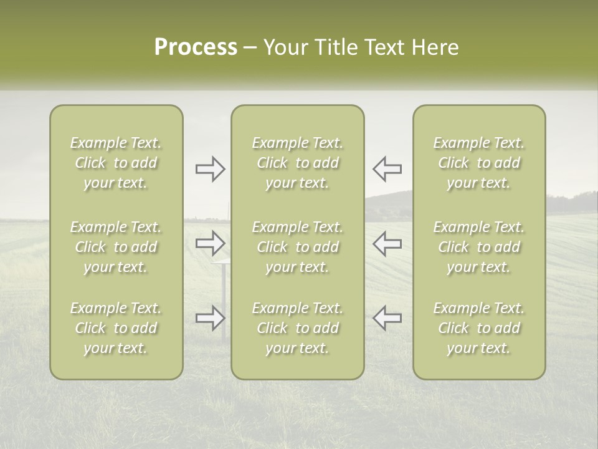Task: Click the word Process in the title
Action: pyautogui.click(x=196, y=47)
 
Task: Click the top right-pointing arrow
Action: pyautogui.click(x=210, y=169)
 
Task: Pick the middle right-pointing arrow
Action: pyautogui.click(x=210, y=243)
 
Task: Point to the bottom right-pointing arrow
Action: pyautogui.click(x=210, y=318)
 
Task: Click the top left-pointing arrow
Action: pyautogui.click(x=387, y=168)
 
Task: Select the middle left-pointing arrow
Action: pyautogui.click(x=387, y=243)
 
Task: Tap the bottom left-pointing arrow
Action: pyautogui.click(x=387, y=317)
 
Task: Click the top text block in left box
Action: pyautogui.click(x=116, y=163)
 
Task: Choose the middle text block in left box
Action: pyautogui.click(x=116, y=247)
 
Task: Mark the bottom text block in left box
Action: pyautogui.click(x=116, y=328)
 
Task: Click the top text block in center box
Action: pyautogui.click(x=298, y=163)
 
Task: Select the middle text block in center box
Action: pyautogui.click(x=298, y=247)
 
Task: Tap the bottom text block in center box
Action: pyautogui.click(x=298, y=328)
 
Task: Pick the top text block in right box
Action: pyautogui.click(x=479, y=163)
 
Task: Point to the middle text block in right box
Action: pyautogui.click(x=479, y=247)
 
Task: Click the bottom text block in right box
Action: pyautogui.click(x=479, y=328)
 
